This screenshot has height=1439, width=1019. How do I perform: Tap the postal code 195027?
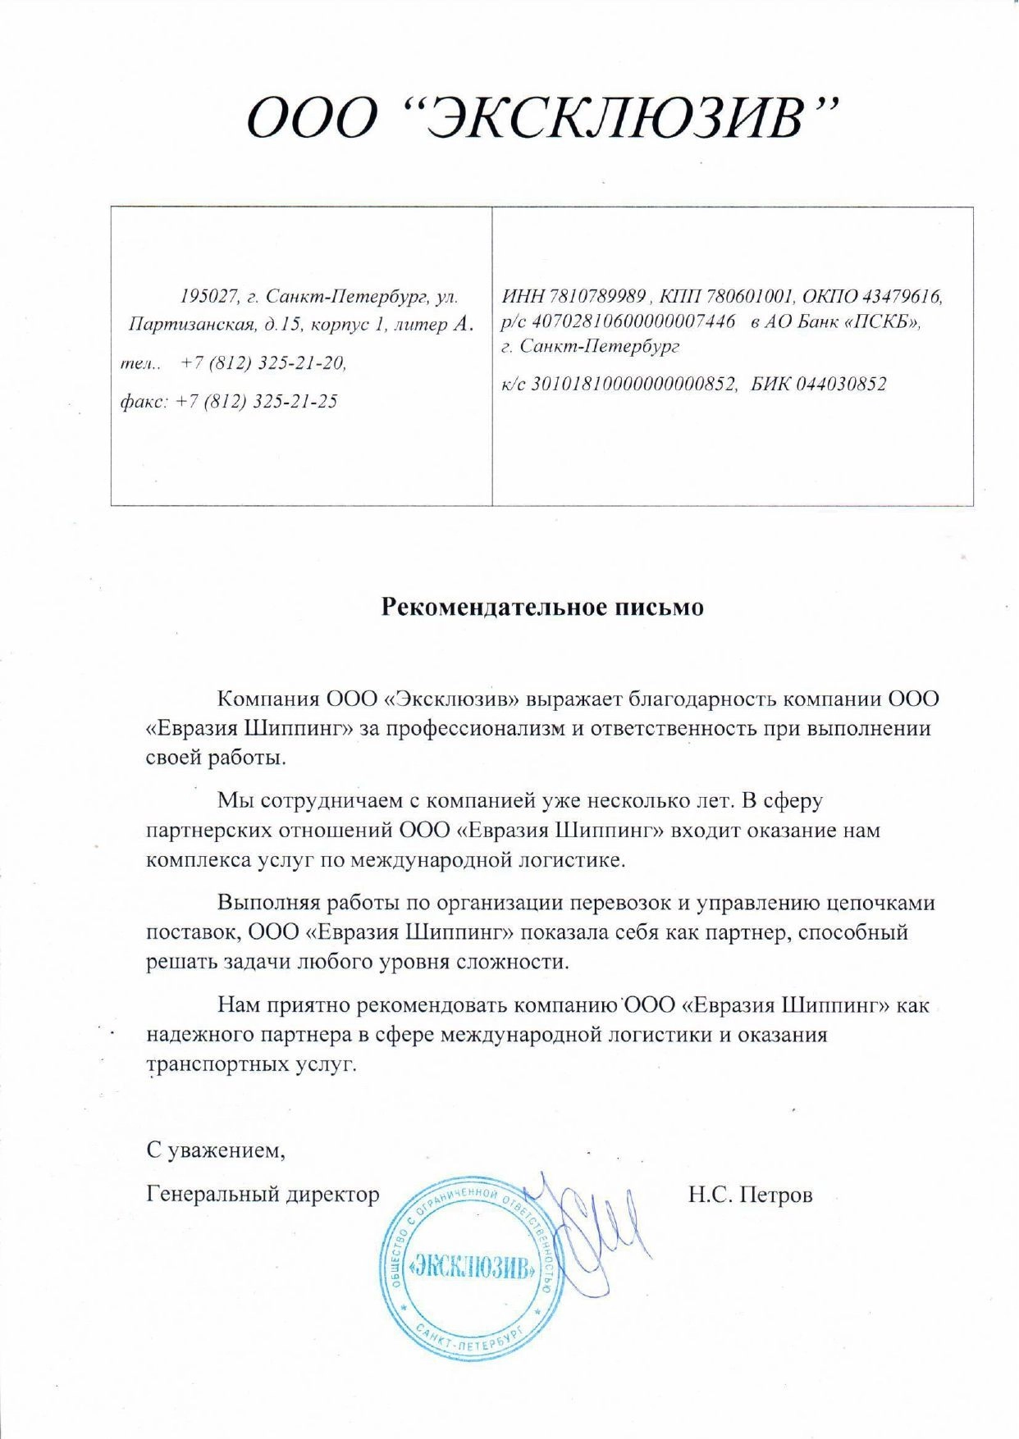(209, 296)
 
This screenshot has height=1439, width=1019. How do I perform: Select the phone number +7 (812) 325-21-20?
(263, 362)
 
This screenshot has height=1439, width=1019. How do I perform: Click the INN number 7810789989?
(596, 296)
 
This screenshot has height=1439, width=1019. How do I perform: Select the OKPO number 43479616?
(900, 296)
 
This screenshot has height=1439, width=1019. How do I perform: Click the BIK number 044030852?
(841, 384)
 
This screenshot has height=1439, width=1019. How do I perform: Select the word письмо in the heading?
(659, 607)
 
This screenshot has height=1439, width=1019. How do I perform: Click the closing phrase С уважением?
(216, 1150)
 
